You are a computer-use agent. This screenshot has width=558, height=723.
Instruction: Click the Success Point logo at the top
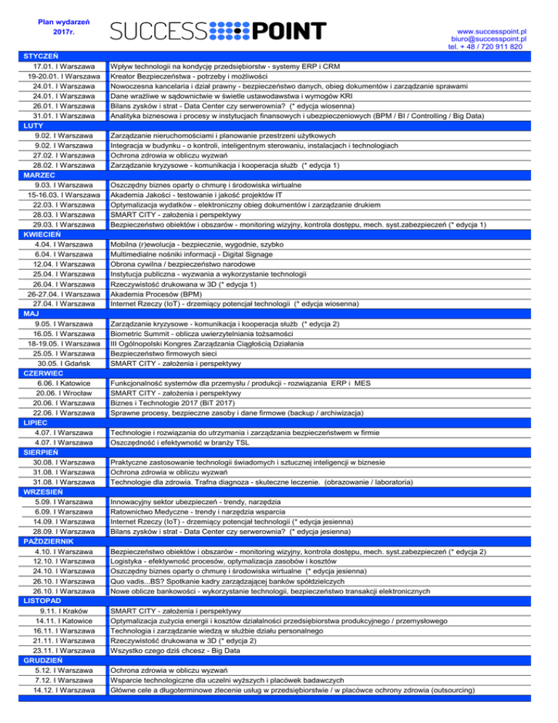pos(218,31)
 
